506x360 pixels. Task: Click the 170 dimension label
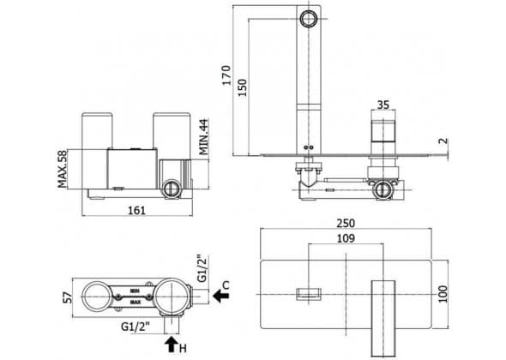(x=227, y=75)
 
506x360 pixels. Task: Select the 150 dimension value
(x=242, y=87)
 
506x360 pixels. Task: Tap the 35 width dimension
(x=383, y=105)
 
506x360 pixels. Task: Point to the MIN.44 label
(x=203, y=137)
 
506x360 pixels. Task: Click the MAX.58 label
(x=63, y=169)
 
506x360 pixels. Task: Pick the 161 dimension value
(x=137, y=211)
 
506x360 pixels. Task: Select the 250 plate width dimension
(x=346, y=223)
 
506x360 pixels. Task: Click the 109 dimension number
(x=346, y=238)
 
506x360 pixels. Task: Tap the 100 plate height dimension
(x=443, y=294)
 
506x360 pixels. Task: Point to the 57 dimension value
(x=68, y=297)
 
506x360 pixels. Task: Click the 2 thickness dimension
(x=444, y=141)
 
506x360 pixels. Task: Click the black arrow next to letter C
(x=221, y=296)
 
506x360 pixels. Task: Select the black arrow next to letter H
(x=172, y=345)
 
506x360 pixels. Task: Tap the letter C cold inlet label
(x=226, y=285)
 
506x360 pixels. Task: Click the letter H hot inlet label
(x=183, y=348)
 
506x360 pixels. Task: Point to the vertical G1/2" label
(x=202, y=268)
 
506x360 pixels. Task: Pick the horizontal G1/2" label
(x=136, y=327)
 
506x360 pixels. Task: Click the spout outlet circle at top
(x=309, y=19)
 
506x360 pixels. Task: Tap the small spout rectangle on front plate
(x=309, y=294)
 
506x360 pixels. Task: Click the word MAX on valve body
(x=136, y=303)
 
